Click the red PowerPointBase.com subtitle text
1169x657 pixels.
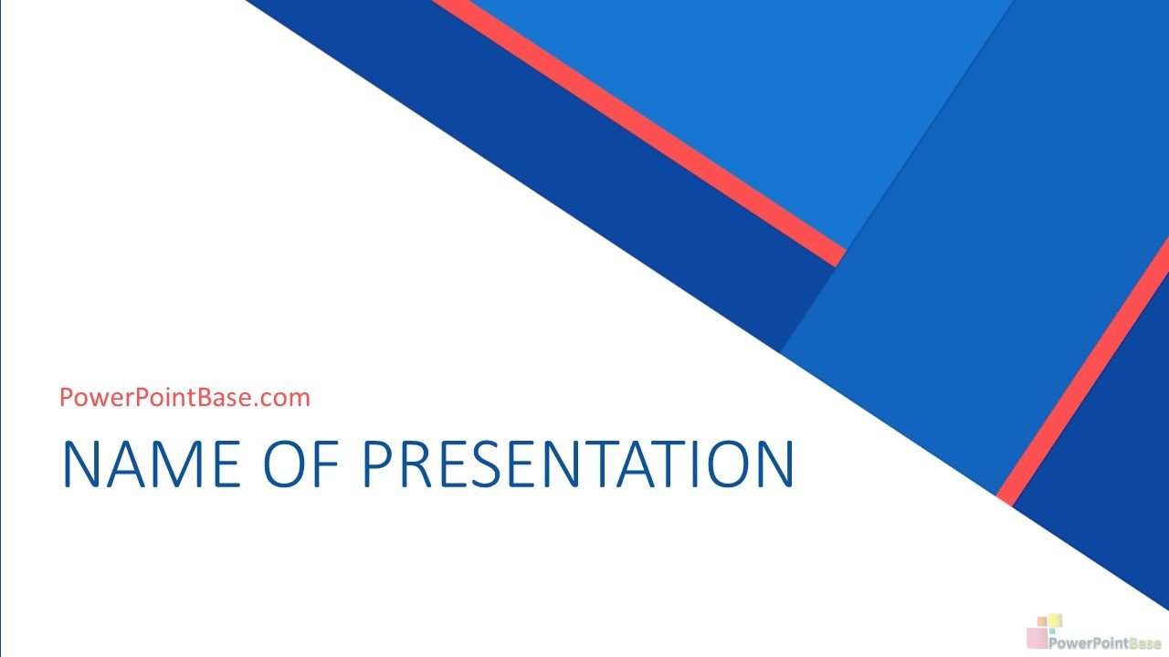tap(184, 397)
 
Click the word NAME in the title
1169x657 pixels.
tap(152, 464)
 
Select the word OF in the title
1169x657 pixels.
tap(301, 464)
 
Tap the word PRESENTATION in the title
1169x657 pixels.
tap(578, 464)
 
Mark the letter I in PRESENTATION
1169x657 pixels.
tap(699, 464)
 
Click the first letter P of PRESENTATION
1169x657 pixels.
tap(377, 464)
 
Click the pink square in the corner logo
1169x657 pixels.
tap(1037, 638)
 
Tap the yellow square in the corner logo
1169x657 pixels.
tap(1056, 620)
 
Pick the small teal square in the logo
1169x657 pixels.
tap(1051, 631)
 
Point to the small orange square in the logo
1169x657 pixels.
tap(1042, 621)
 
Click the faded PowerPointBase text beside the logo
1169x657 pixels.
tap(1104, 643)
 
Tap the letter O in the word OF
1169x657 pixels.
tap(284, 464)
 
